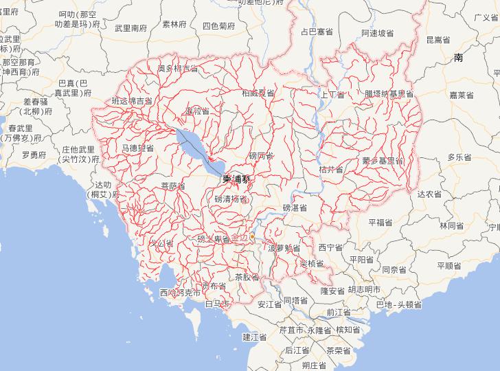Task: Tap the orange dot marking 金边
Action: point(252,236)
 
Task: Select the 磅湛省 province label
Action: point(295,207)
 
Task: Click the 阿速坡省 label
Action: point(378,33)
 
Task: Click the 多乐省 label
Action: point(459,157)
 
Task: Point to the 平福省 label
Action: point(380,222)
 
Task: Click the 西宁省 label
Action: point(330,247)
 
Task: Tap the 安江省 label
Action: point(270,304)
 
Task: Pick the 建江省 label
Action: point(254,337)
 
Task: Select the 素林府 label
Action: point(174,24)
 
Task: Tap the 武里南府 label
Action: point(130,28)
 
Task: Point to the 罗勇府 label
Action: point(34,155)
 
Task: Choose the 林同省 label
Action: point(453,225)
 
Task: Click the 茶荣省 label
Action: point(338,350)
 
